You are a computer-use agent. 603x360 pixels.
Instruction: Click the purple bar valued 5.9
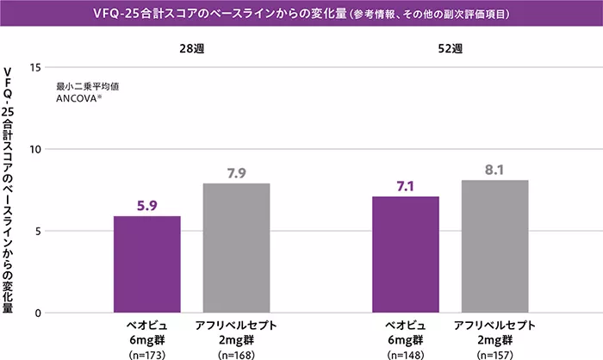(147, 264)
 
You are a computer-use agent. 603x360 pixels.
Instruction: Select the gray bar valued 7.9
(237, 248)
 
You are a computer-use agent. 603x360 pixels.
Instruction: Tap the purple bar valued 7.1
(406, 255)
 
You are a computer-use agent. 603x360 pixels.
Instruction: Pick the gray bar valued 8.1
(494, 246)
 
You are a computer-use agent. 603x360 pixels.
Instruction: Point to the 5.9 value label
(147, 206)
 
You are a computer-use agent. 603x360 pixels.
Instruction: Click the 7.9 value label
(237, 173)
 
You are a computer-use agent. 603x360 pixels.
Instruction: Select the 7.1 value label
(406, 187)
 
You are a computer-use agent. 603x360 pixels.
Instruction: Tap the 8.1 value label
(494, 170)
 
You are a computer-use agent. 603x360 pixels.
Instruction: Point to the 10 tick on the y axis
(34, 149)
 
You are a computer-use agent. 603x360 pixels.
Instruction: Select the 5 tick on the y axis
(37, 231)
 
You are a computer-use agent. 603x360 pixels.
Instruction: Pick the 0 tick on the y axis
(37, 313)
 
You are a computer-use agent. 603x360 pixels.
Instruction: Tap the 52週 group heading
(450, 49)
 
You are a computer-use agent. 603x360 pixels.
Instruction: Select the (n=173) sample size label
(147, 352)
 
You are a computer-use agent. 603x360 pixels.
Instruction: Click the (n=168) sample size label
(237, 352)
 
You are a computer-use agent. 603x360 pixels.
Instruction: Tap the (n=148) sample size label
(406, 352)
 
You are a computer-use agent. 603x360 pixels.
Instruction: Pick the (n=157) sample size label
(494, 352)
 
